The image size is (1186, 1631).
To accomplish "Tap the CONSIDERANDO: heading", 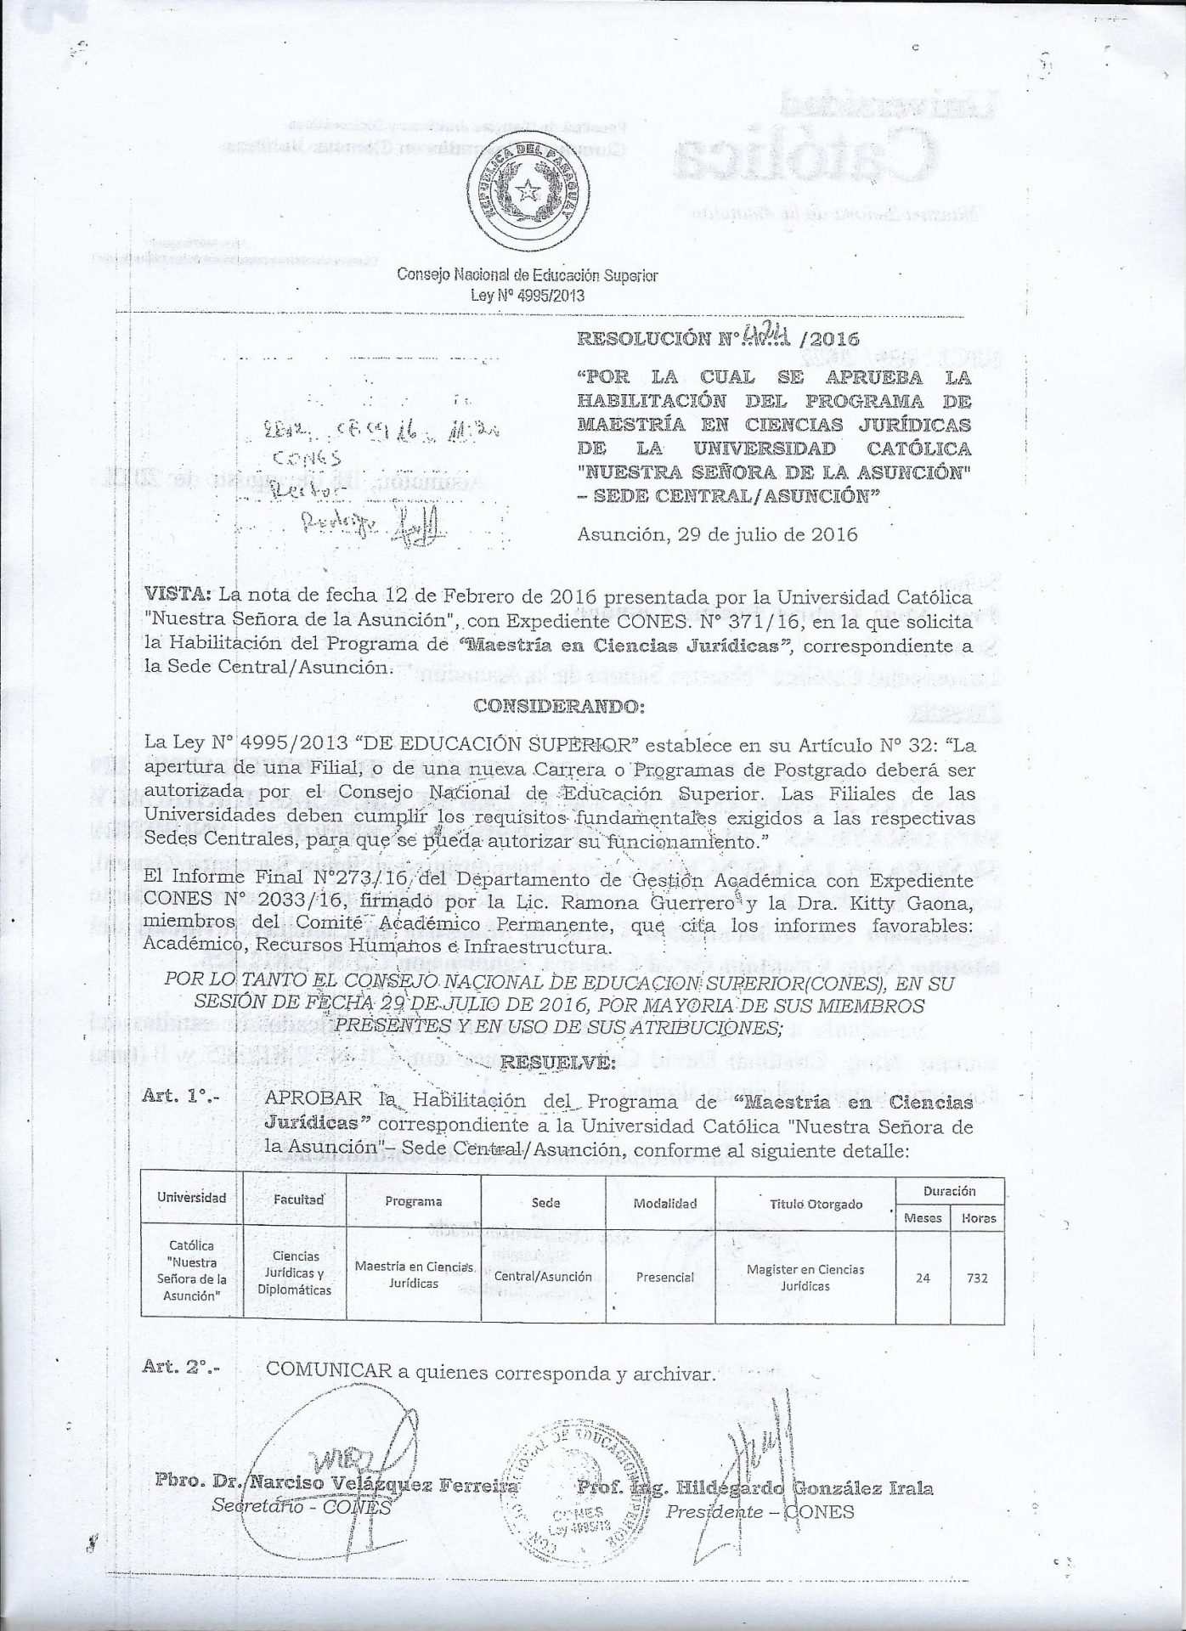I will pyautogui.click(x=558, y=706).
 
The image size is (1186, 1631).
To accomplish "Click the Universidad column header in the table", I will pyautogui.click(x=192, y=1198).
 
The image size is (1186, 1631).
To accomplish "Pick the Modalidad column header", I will pyautogui.click(x=665, y=1203).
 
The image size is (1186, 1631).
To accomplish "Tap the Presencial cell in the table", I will pyautogui.click(x=665, y=1277).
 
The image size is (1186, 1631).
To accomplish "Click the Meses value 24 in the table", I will pyautogui.click(x=923, y=1277).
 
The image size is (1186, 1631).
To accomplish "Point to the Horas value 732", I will pyautogui.click(x=976, y=1277).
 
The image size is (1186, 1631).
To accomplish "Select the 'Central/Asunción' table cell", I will pyautogui.click(x=545, y=1276).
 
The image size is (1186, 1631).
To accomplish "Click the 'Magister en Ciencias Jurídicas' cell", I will pyautogui.click(x=805, y=1277).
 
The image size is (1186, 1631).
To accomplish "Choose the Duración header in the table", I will pyautogui.click(x=950, y=1191).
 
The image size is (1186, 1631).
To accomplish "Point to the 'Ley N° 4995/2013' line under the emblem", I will pyautogui.click(x=527, y=296).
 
